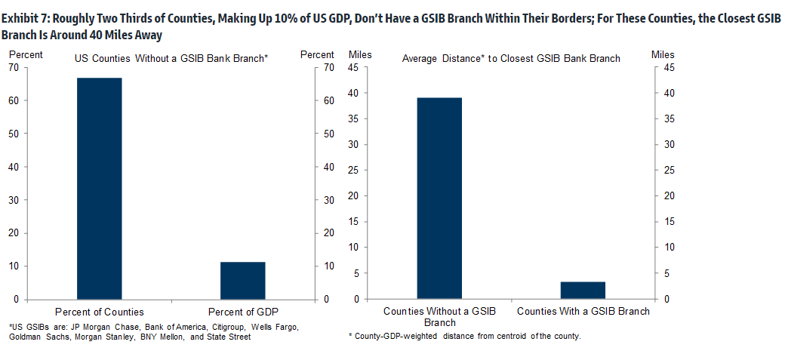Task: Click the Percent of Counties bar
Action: pyautogui.click(x=100, y=189)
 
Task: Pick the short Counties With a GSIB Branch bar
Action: pyautogui.click(x=583, y=291)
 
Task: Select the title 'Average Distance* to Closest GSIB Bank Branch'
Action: pyautogui.click(x=511, y=58)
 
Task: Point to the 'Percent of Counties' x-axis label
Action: pyautogui.click(x=100, y=312)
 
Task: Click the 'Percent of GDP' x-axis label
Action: pyautogui.click(x=242, y=312)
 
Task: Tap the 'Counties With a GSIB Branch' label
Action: pyautogui.click(x=583, y=311)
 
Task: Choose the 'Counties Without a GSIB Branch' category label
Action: pyautogui.click(x=439, y=316)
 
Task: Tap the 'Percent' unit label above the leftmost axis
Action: pyautogui.click(x=26, y=54)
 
